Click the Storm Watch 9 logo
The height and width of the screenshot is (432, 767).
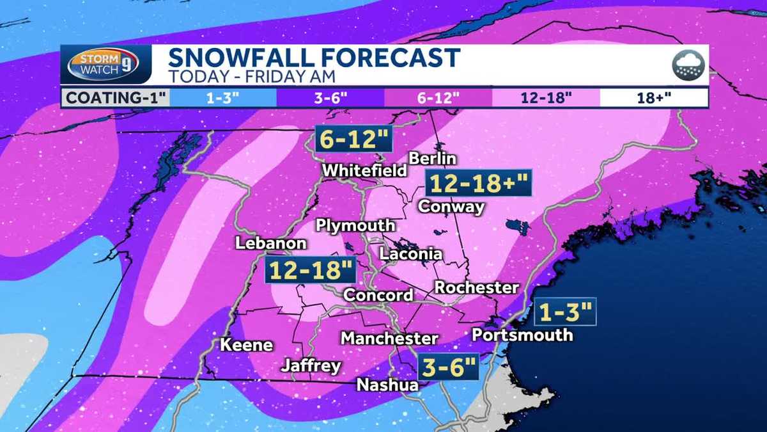pyautogui.click(x=106, y=65)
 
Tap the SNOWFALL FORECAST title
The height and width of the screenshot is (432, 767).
pyautogui.click(x=313, y=58)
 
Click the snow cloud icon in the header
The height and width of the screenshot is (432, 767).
pyautogui.click(x=688, y=65)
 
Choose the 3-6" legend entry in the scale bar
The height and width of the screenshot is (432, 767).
pyautogui.click(x=330, y=98)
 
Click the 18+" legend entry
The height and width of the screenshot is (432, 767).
pyautogui.click(x=653, y=98)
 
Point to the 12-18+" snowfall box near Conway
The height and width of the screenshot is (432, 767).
pyautogui.click(x=478, y=184)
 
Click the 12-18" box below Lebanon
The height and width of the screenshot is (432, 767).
pyautogui.click(x=311, y=270)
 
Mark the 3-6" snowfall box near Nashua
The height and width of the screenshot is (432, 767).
pyautogui.click(x=447, y=369)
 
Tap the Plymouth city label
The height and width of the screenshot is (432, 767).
pyautogui.click(x=356, y=226)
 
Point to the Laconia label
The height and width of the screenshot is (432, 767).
pyautogui.click(x=410, y=254)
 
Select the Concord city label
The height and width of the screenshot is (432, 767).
pyautogui.click(x=378, y=295)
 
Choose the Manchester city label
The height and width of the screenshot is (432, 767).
pyautogui.click(x=389, y=338)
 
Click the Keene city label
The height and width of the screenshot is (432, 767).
pyautogui.click(x=246, y=345)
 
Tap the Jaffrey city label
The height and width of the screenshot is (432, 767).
pyautogui.click(x=311, y=366)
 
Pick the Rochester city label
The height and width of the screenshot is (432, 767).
pyautogui.click(x=477, y=288)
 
